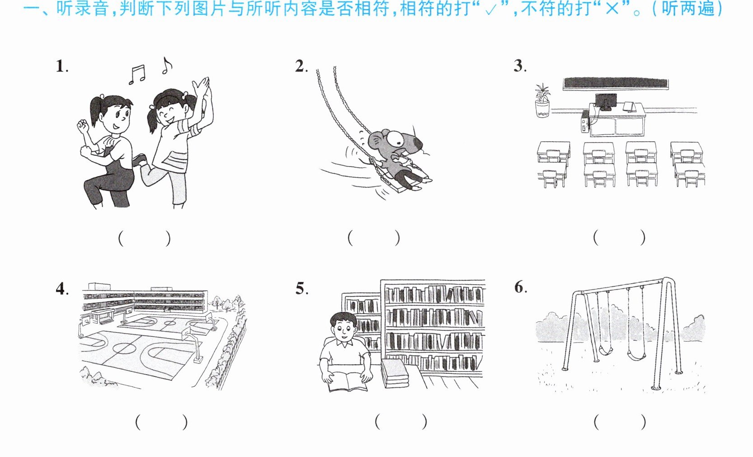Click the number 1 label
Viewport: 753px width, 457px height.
(61, 66)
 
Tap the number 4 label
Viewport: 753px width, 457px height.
(62, 289)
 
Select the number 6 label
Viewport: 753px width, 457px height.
(521, 287)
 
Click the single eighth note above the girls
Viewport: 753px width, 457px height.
(166, 65)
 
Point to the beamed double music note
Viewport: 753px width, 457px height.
(137, 75)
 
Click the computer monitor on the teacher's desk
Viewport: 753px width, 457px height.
(606, 102)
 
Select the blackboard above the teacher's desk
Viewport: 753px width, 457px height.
(616, 84)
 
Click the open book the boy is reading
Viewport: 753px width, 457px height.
(348, 382)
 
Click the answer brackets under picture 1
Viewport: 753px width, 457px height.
(145, 238)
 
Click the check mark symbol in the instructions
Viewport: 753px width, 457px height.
(491, 10)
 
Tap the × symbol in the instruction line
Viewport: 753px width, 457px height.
(612, 9)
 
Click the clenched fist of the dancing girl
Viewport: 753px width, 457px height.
(82, 127)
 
